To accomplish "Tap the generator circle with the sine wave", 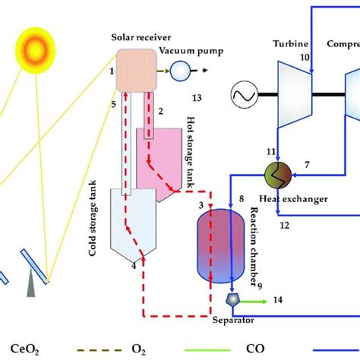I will coord(247,94).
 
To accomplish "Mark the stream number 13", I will coord(197,98).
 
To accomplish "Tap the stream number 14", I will coord(278,301).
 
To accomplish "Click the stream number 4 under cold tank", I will coord(134,265).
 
